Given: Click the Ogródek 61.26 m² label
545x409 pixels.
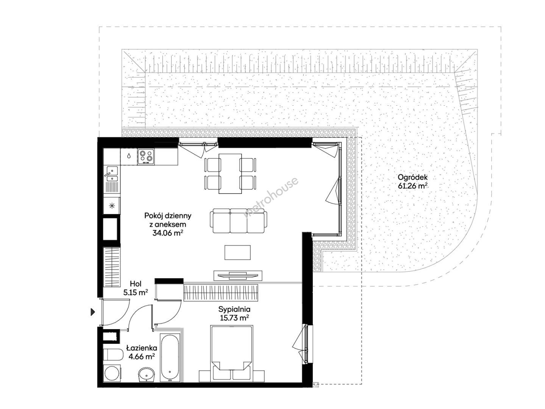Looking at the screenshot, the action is [412, 181].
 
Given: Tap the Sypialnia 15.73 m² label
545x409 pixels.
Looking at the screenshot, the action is [234, 313].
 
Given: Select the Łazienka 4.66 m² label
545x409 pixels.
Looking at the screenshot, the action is [142, 352].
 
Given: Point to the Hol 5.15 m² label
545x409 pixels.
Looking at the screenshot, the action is [136, 288].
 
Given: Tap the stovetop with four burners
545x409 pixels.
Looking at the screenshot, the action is [146, 157].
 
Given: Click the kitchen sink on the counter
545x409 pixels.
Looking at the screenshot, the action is [112, 174].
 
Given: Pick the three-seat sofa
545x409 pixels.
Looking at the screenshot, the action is [239, 221].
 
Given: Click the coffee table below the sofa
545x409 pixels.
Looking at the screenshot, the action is [237, 252].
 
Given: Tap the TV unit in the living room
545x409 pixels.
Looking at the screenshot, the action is [237, 275].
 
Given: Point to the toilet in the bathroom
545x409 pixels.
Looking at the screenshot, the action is [113, 354].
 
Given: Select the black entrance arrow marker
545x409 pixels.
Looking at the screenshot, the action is [93, 312].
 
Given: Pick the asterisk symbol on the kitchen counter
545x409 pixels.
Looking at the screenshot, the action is [112, 205].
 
